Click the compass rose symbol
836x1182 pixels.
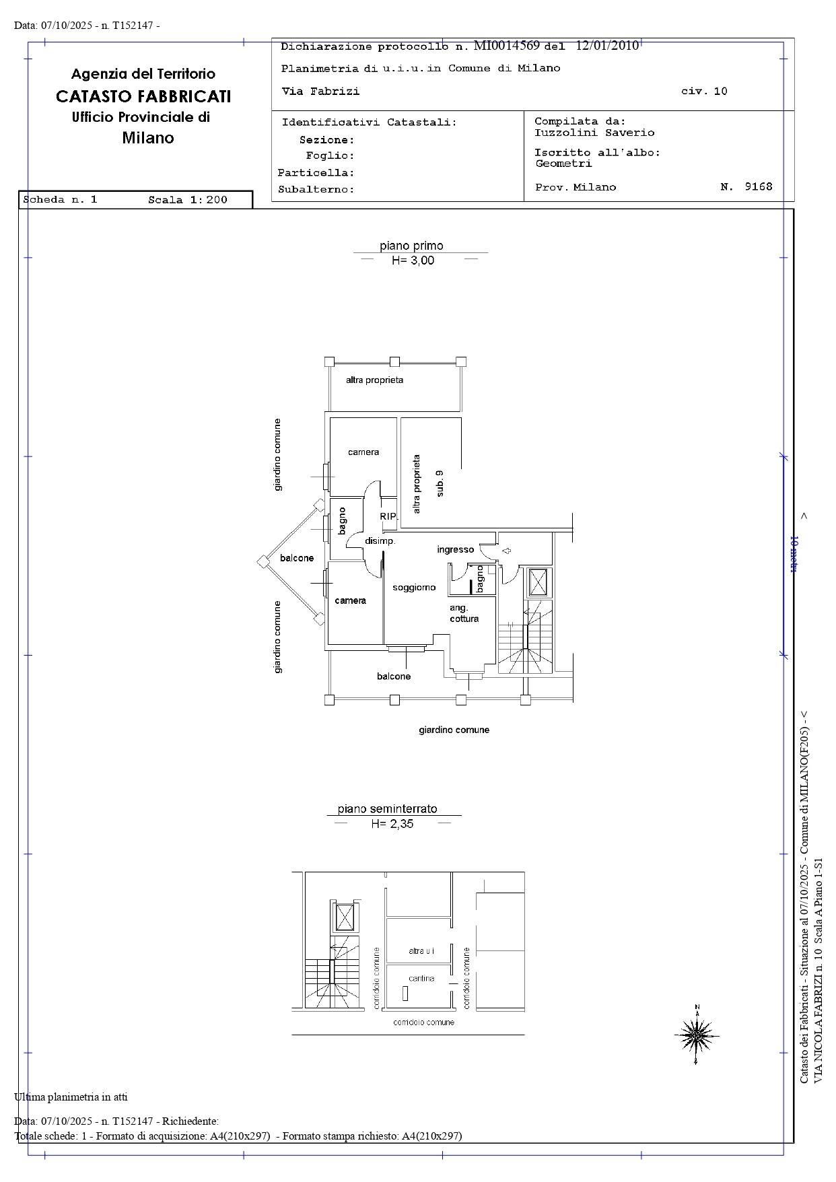click(697, 1034)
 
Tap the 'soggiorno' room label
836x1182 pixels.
click(414, 588)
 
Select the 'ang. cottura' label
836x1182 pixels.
click(464, 613)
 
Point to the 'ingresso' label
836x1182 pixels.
click(455, 549)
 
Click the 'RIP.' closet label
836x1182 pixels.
click(388, 516)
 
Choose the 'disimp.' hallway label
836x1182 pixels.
click(380, 541)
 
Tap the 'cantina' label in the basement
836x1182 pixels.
click(421, 978)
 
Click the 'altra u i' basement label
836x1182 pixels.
click(421, 950)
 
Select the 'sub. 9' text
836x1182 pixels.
click(440, 483)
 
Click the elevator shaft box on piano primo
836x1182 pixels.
click(538, 582)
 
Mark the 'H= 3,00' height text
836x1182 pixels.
click(413, 260)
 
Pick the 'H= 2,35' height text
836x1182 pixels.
click(392, 823)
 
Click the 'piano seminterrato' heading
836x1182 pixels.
click(388, 808)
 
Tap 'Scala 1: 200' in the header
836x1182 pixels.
click(188, 199)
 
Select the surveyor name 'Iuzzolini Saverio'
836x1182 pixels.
click(594, 133)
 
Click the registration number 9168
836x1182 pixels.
click(759, 186)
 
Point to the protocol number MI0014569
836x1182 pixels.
click(507, 46)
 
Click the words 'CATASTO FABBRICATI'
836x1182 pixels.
click(143, 96)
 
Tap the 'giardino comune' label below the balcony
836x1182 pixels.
click(454, 730)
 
